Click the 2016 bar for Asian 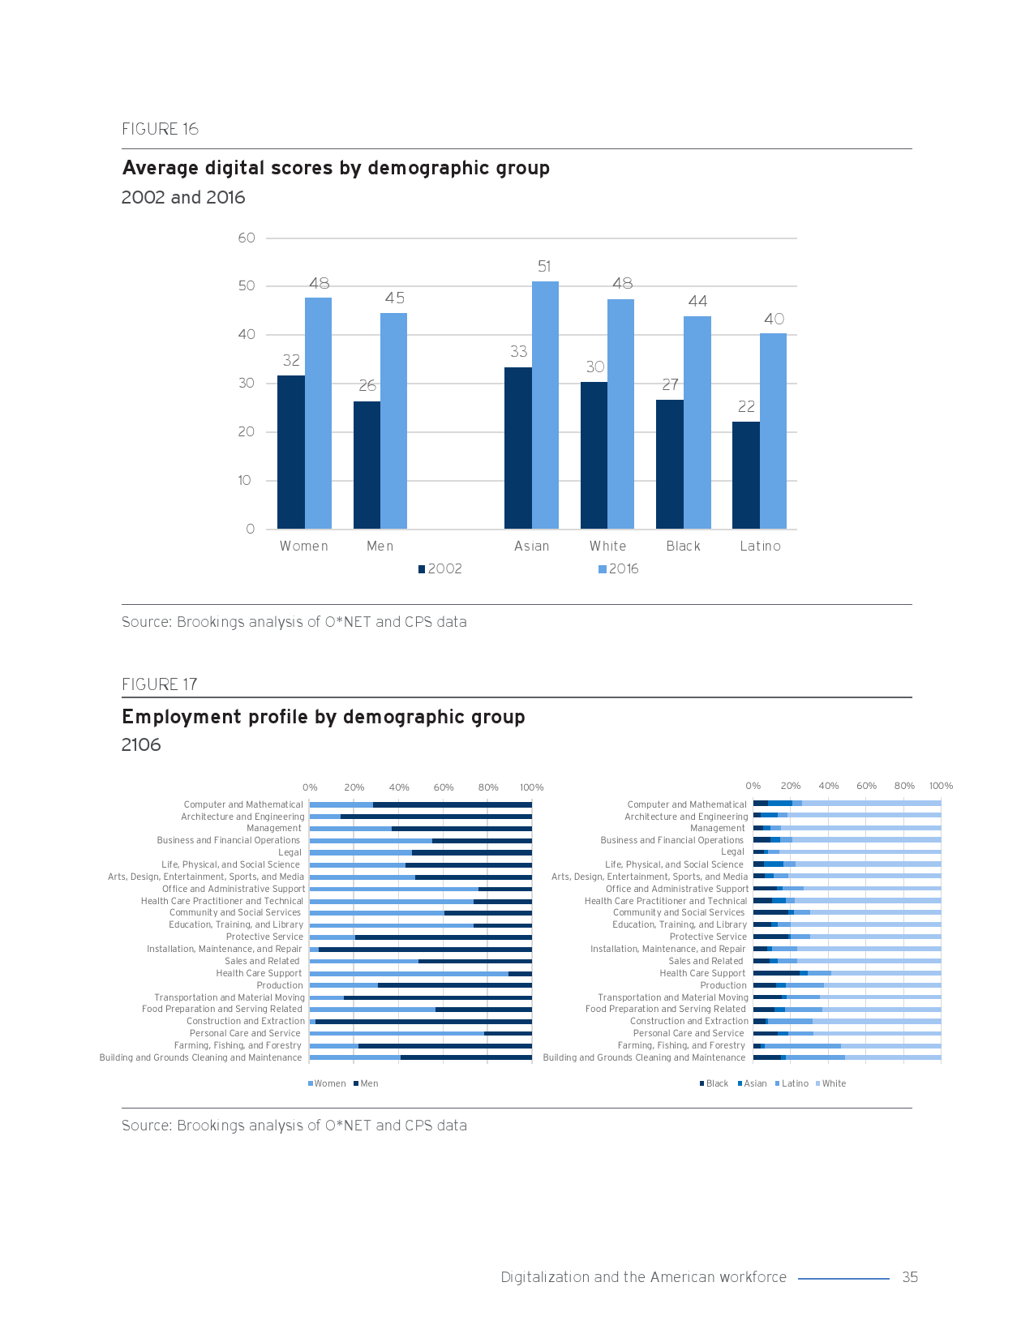[x=545, y=405]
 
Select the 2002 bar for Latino [x=745, y=475]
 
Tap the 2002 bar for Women [x=290, y=452]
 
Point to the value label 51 [x=544, y=266]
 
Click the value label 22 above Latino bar [x=746, y=406]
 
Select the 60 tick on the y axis [x=247, y=238]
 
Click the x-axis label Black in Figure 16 [x=683, y=546]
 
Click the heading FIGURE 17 [x=160, y=684]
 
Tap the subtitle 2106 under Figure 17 [x=141, y=744]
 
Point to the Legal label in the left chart [x=290, y=852]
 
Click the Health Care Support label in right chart [x=701, y=973]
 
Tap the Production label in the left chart [x=280, y=985]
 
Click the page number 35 [x=910, y=1277]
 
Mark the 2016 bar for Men [x=393, y=421]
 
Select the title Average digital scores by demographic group [x=336, y=168]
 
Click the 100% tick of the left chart [x=531, y=787]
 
